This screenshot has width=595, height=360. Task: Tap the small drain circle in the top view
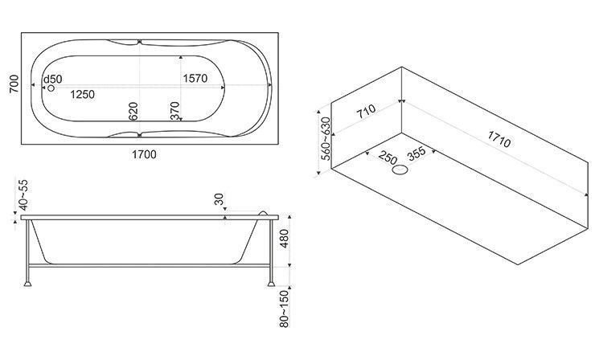click(52, 89)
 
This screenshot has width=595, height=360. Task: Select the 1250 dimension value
click(82, 95)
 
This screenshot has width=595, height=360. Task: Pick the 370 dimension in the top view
click(174, 112)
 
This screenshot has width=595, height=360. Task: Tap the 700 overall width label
click(13, 86)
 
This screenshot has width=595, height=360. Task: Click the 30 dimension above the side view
click(220, 200)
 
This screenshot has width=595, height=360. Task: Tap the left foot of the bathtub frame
click(30, 281)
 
